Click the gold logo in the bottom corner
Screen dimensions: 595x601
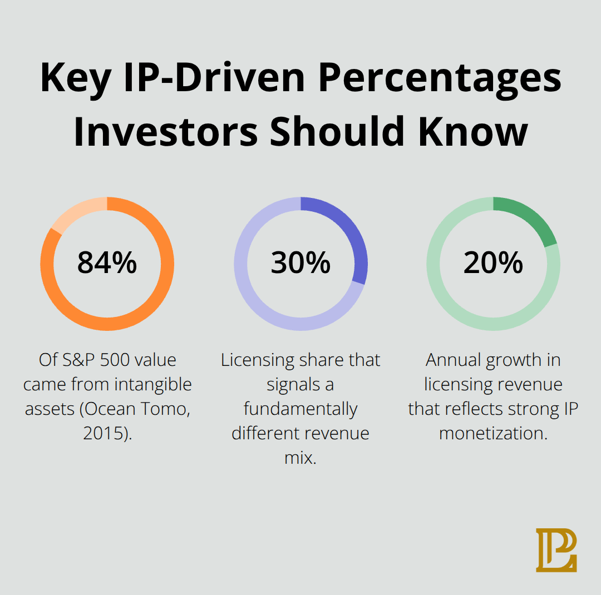556,550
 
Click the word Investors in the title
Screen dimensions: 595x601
166,132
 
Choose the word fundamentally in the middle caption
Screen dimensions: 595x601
300,409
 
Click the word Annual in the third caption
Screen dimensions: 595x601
453,360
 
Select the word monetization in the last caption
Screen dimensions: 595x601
493,433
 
